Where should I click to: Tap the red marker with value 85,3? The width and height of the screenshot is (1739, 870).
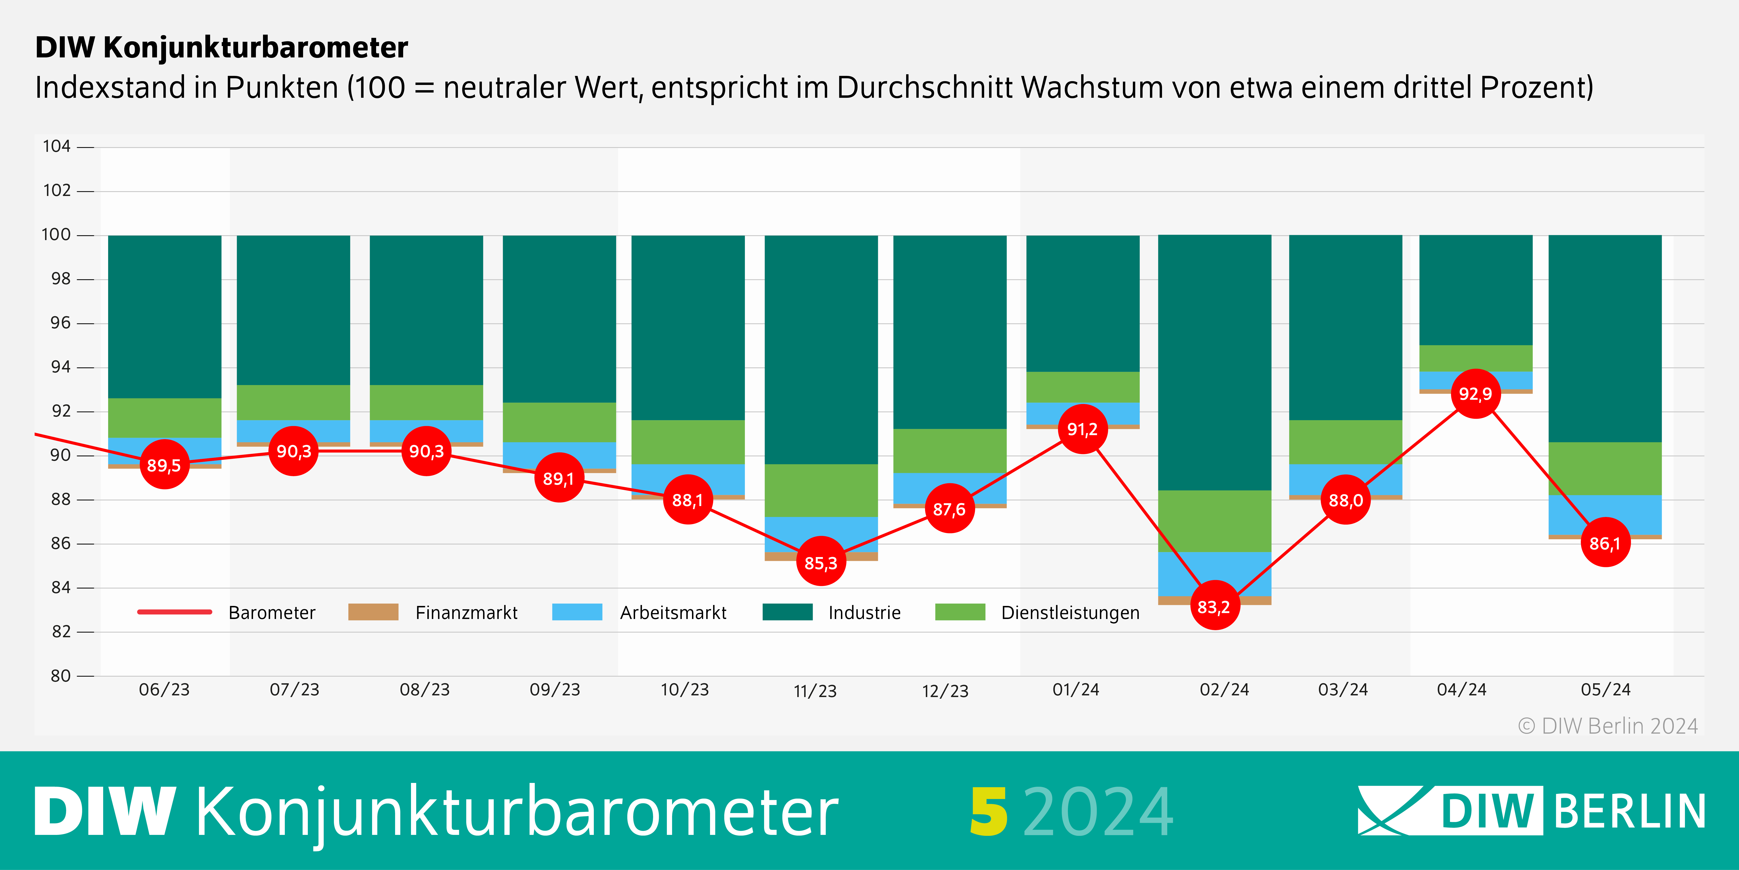(x=821, y=562)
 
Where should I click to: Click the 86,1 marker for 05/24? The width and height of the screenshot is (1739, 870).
(x=1605, y=542)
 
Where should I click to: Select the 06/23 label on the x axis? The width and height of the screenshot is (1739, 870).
(x=164, y=690)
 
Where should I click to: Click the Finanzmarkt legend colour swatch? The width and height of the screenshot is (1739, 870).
(x=373, y=612)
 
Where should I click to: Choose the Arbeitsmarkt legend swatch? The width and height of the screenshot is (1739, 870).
(x=577, y=612)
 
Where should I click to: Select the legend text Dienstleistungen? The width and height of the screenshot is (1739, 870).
(x=1070, y=613)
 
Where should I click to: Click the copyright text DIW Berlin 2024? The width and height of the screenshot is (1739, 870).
(x=1608, y=726)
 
